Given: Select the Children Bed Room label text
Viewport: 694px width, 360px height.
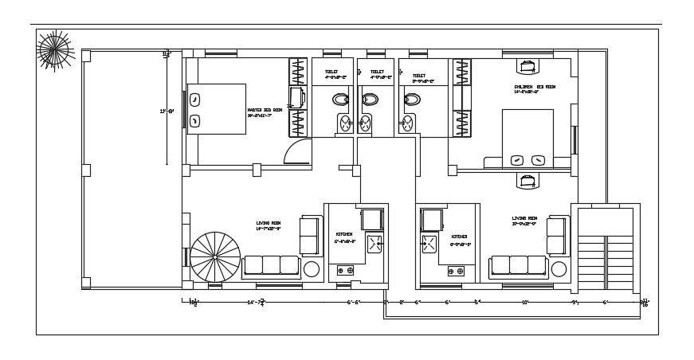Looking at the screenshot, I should pos(533,88).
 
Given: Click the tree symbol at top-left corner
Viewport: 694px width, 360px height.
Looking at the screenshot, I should pos(54,53).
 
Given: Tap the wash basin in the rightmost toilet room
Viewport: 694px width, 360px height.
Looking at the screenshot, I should pos(408,123).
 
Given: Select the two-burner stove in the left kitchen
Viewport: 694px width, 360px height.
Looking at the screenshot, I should pos(346,271).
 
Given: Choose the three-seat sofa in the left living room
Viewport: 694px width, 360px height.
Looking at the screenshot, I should pos(271,265).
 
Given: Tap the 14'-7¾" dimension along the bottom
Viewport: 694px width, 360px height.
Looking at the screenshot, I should pos(257,303).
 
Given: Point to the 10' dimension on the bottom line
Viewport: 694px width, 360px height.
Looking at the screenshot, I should pos(526,303).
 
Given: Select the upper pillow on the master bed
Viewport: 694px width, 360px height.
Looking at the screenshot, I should pos(194,101).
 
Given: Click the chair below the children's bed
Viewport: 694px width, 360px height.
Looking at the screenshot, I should pos(526,180).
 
